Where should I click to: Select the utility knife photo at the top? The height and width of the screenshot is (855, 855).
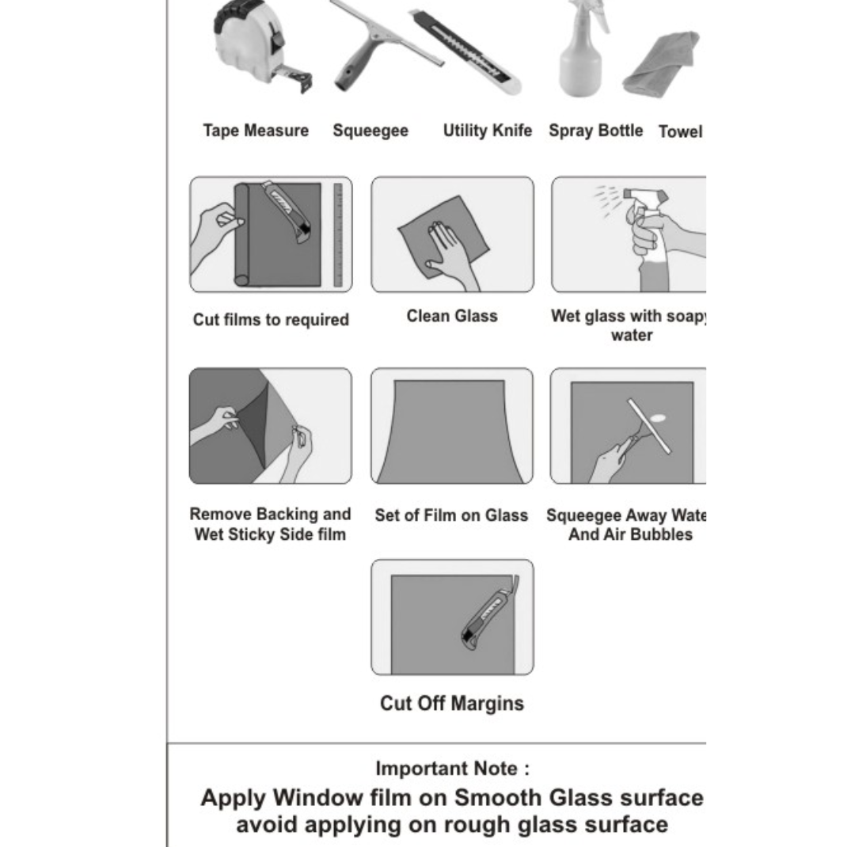click(x=467, y=52)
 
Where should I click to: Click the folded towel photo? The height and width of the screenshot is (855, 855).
click(x=661, y=64)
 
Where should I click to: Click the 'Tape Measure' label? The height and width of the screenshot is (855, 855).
click(x=256, y=131)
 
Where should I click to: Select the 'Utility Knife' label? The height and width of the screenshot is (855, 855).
click(x=487, y=131)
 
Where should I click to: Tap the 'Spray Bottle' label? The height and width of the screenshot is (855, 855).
click(x=595, y=131)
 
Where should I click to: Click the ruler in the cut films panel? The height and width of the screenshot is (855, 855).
click(x=338, y=234)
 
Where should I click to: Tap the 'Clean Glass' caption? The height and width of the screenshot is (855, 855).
click(x=452, y=316)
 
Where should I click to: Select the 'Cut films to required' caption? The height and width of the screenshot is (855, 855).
click(x=271, y=320)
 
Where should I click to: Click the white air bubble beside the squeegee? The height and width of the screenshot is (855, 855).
click(x=658, y=418)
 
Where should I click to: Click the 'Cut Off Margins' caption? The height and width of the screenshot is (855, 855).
click(x=452, y=704)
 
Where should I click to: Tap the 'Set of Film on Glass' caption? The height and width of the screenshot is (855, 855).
click(x=451, y=515)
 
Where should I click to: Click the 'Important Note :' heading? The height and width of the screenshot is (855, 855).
click(x=453, y=768)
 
